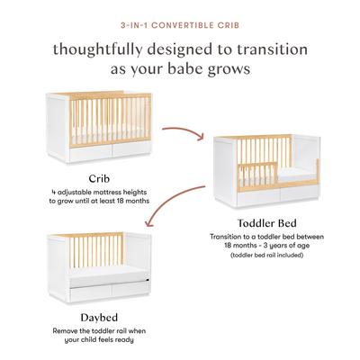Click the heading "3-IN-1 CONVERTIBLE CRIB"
[180, 25]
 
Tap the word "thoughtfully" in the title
[97, 50]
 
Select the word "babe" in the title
[185, 68]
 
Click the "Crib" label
[99, 179]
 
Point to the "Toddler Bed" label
[266, 223]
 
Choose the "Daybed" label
[99, 318]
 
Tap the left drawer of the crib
[91, 153]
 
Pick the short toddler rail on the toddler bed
[257, 175]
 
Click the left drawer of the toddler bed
[258, 198]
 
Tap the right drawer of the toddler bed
[299, 193]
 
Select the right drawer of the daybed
[130, 289]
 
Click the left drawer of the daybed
[91, 294]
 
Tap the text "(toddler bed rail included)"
[266, 256]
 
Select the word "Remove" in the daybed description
[64, 331]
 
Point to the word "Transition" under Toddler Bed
[225, 237]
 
